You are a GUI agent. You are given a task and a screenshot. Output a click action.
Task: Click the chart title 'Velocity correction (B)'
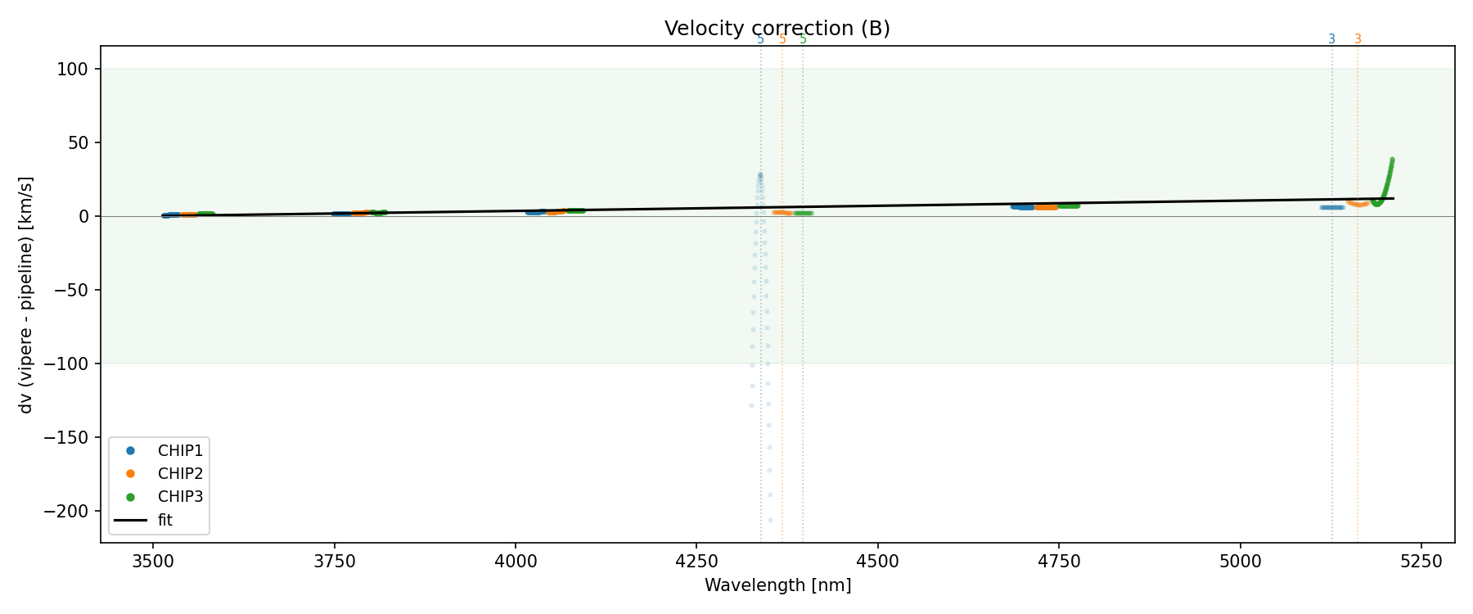777,29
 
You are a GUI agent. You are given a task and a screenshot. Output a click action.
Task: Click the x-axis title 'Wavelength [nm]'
777,585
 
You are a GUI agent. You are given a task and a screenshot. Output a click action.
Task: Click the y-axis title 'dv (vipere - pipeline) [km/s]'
26,295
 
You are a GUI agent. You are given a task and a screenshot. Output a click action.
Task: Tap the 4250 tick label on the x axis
696,561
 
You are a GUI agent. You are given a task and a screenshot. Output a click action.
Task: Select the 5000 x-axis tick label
1240,561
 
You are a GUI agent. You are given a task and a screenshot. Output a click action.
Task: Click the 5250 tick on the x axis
1421,561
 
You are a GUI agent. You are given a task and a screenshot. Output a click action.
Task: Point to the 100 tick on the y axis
76,70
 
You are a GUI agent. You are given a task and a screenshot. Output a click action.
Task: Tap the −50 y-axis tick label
71,291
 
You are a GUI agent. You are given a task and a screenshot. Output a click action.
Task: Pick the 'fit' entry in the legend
164,520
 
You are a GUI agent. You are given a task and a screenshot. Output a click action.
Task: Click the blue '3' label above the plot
1331,39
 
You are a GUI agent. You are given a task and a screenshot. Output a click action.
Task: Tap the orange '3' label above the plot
1358,39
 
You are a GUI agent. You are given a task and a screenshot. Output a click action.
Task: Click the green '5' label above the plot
803,39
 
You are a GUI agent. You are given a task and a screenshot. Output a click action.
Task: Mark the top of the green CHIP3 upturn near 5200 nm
1392,160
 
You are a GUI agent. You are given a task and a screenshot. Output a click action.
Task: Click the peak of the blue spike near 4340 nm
760,174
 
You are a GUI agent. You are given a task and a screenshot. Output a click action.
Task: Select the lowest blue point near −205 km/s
770,520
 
